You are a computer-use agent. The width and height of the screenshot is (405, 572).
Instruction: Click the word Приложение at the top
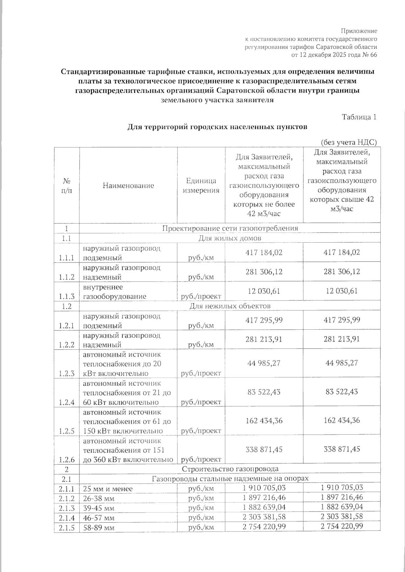pos(358,31)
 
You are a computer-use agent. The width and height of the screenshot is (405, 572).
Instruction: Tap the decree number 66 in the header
pos(373,55)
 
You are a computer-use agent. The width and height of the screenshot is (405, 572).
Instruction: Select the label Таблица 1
pos(359,117)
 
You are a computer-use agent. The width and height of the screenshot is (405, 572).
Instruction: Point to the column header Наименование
pos(128,185)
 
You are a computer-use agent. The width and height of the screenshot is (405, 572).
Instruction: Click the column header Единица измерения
pos(201,186)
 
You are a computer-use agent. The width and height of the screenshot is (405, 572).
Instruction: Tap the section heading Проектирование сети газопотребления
pos(230,228)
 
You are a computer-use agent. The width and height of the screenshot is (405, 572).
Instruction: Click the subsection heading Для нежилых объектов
pos(230,306)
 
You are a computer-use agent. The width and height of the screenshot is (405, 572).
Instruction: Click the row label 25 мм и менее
pos(108,489)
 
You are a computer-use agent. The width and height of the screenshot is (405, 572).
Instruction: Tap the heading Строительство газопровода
pos(230,469)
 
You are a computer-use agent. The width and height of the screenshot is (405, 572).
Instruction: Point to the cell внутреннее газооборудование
pos(114,292)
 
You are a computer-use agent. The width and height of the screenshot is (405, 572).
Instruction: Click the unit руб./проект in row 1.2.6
pos(201,460)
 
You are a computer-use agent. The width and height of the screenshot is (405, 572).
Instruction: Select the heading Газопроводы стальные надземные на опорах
pos(230,479)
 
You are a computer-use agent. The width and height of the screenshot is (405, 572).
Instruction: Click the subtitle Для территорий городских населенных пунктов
pos(217,127)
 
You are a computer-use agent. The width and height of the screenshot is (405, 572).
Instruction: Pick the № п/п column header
pos(66,185)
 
